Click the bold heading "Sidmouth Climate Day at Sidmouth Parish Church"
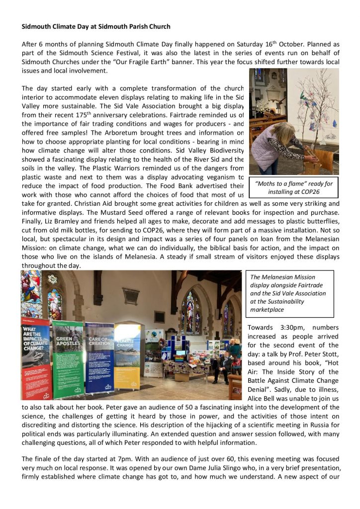[x=95, y=26]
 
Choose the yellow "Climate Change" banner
[x=127, y=353]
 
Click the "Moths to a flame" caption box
[x=293, y=187]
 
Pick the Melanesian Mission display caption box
[x=291, y=293]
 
